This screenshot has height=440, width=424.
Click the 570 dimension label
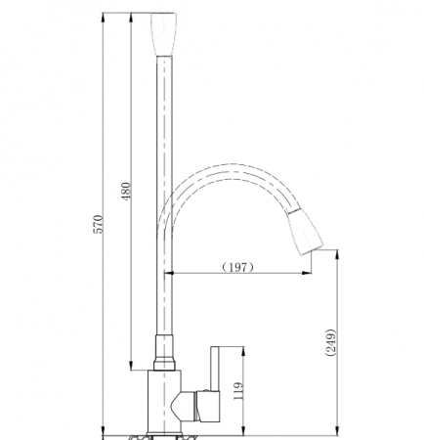coord(99,224)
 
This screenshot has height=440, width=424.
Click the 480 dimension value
coord(126,192)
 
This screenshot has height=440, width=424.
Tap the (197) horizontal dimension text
coord(238,267)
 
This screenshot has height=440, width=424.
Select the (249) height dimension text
coord(330,342)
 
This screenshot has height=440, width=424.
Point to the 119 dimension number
coord(238,391)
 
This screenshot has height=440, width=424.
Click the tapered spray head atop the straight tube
coord(163,34)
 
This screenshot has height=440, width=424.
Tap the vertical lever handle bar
coord(215,369)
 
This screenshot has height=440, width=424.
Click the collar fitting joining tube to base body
coord(164,353)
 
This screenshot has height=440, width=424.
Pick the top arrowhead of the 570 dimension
coord(104,18)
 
